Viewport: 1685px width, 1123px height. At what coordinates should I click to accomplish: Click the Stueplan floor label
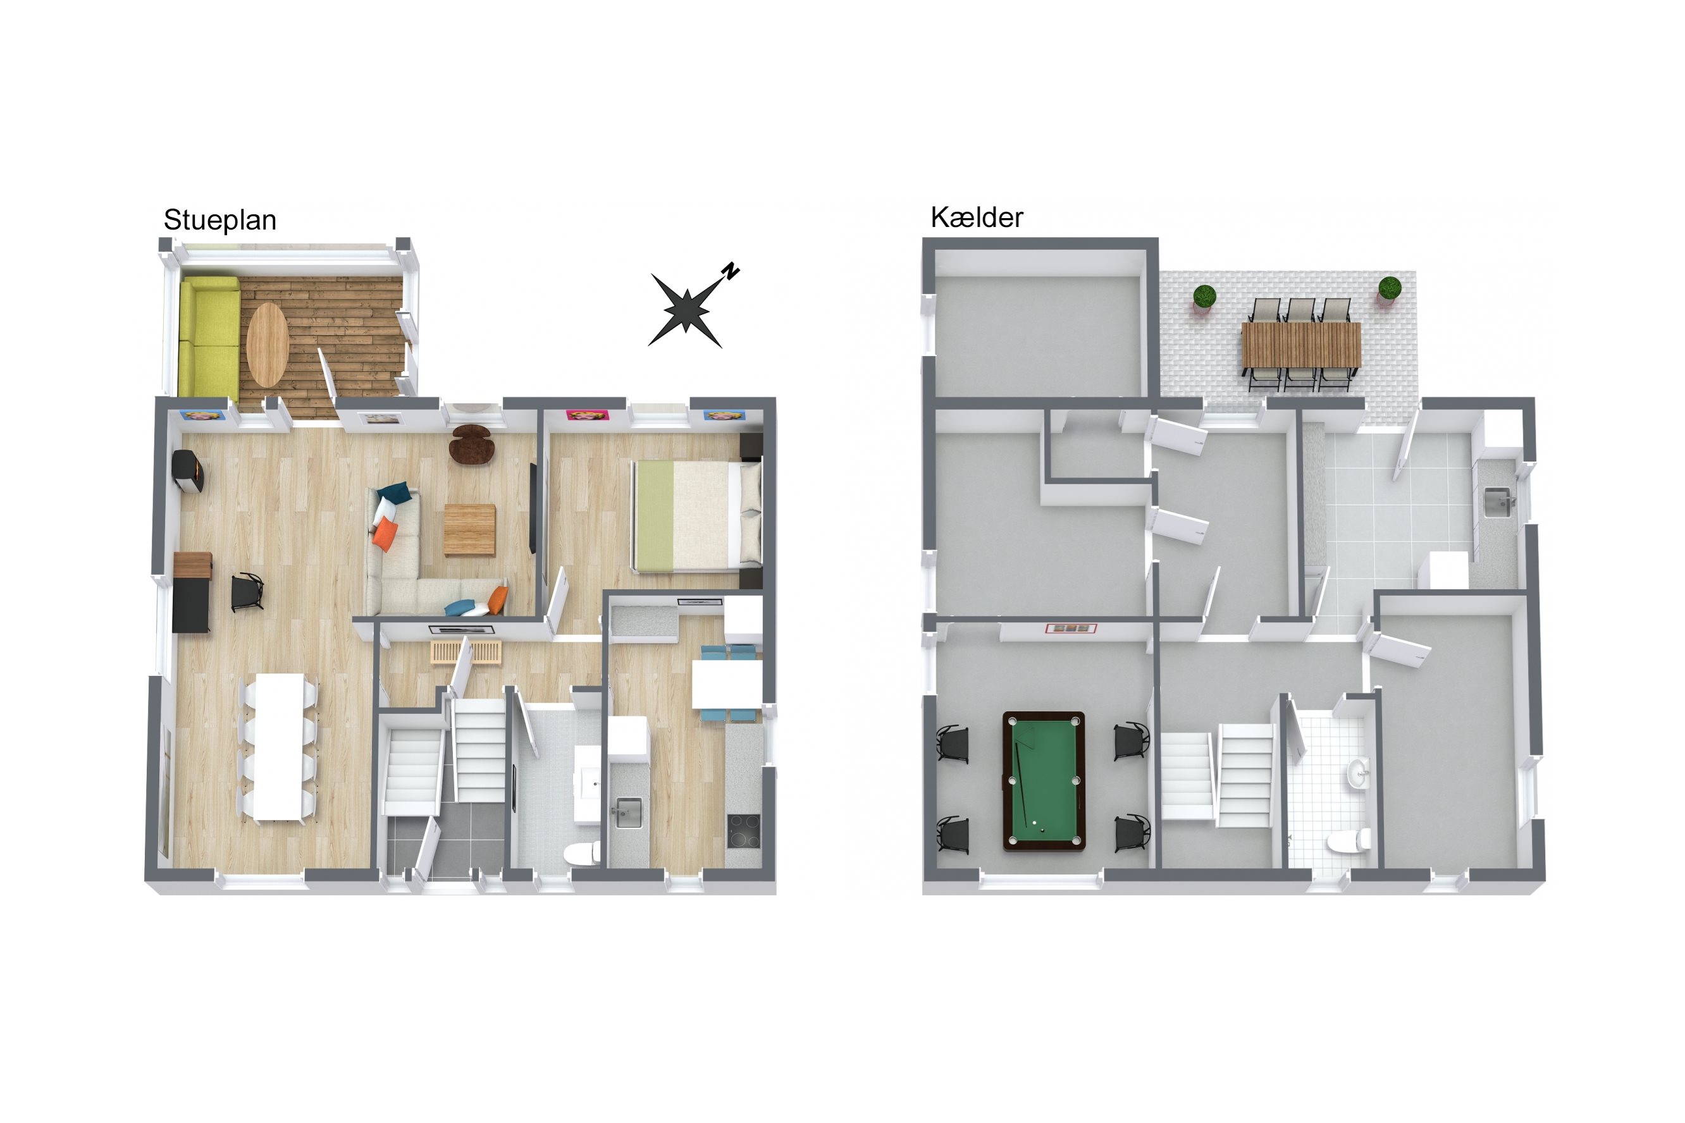220,221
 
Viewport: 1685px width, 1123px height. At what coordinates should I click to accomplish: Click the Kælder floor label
977,217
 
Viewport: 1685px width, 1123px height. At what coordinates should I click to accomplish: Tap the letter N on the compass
731,271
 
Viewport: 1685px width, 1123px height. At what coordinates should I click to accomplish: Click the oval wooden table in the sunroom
267,345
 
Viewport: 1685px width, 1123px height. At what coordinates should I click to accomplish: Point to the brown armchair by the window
471,444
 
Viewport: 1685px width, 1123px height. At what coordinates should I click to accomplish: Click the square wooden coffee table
470,530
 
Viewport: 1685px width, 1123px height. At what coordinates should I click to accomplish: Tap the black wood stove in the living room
188,470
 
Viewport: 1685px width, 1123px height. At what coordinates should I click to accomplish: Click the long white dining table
280,746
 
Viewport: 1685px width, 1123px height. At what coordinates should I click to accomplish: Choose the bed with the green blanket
696,517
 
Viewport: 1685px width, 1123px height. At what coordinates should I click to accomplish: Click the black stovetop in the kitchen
744,831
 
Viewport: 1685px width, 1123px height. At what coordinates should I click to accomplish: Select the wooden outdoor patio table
1301,345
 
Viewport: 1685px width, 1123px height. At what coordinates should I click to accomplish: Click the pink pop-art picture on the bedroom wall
588,415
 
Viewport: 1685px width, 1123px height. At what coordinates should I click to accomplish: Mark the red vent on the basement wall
1071,628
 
